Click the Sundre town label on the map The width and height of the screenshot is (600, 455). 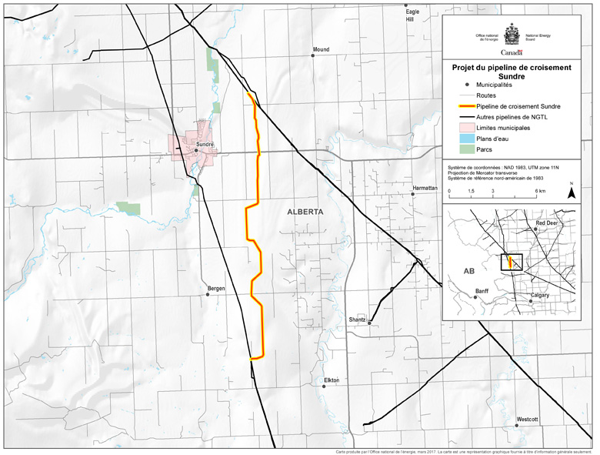point(204,144)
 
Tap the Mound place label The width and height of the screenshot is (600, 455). point(321,50)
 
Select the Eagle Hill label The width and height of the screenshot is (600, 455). point(413,16)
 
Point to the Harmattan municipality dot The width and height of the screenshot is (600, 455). point(413,195)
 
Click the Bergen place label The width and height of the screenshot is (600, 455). point(216,289)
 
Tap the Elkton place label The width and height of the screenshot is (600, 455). point(332,380)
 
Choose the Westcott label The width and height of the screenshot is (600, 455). point(528,419)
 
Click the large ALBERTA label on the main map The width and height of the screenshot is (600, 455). point(305,211)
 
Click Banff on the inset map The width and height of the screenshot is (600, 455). point(482,290)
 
